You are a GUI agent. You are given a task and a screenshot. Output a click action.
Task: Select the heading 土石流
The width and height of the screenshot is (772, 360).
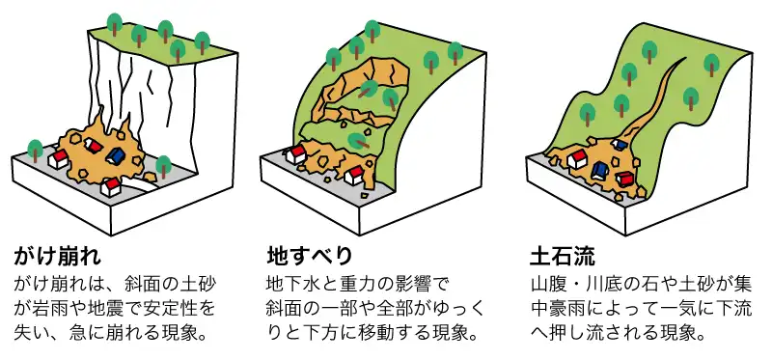coord(563,258)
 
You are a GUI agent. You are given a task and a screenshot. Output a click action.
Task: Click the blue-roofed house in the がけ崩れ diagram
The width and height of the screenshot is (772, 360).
coord(115,154)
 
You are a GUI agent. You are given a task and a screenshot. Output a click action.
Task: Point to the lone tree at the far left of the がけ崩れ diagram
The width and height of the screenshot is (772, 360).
coord(35,150)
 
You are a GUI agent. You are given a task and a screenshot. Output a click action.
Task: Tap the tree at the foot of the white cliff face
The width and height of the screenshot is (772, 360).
coord(164,165)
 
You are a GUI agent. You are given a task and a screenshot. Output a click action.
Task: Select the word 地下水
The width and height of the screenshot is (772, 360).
coord(290,287)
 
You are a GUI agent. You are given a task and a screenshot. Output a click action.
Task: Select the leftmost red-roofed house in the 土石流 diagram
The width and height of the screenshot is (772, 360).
coord(577,158)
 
